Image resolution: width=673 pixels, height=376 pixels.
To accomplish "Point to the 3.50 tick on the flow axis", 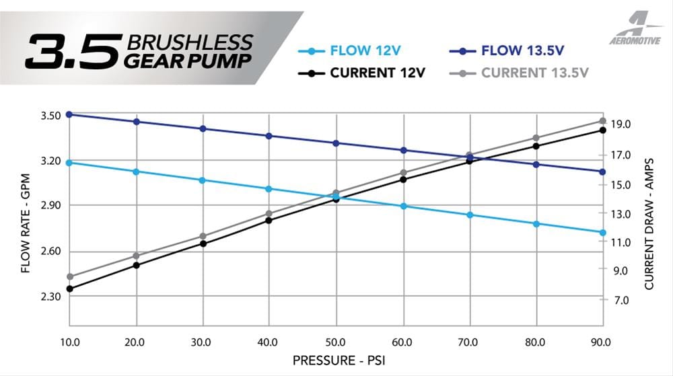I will (50, 115).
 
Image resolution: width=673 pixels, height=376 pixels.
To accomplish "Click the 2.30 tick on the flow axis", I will (50, 297).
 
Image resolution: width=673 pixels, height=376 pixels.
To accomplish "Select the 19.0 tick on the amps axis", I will (620, 124).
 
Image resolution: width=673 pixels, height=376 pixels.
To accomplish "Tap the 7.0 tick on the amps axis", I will (620, 300).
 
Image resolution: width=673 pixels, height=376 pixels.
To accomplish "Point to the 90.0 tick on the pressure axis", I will (601, 341).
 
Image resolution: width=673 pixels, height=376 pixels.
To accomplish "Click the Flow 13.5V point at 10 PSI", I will (69, 114).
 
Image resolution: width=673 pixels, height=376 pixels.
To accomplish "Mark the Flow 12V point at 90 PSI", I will (603, 233).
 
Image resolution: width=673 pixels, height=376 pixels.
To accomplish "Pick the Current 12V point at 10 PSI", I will (69, 289).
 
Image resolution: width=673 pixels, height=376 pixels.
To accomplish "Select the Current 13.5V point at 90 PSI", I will (603, 121).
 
